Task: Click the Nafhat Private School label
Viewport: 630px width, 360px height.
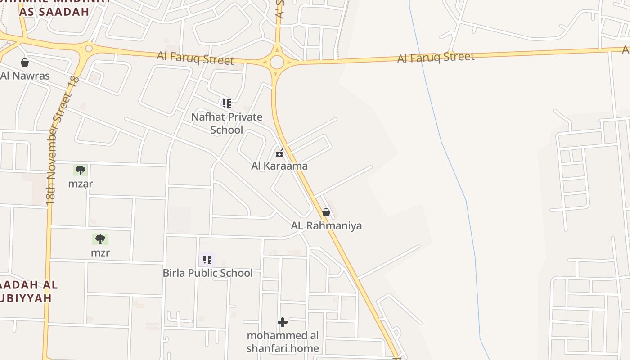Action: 227,123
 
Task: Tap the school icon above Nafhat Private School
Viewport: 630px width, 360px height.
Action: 227,103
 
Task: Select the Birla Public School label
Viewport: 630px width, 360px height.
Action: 207,273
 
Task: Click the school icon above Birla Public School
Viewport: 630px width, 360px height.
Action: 207,260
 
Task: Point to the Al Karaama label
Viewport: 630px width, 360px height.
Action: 279,166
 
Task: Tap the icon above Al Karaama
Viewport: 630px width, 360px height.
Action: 279,153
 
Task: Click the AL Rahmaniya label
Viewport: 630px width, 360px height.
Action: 326,225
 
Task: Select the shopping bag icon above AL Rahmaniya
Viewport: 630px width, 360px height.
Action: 326,212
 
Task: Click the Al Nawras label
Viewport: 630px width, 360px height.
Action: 25,76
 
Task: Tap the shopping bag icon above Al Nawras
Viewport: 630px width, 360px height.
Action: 25,63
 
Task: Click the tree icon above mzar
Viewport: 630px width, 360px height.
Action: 81,171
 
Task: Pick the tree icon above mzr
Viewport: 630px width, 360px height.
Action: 100,239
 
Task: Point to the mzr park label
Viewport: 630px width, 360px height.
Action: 100,252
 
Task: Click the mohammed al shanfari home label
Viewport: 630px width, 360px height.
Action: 283,342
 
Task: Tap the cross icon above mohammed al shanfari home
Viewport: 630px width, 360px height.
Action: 283,322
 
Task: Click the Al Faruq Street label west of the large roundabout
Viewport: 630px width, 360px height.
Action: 195,58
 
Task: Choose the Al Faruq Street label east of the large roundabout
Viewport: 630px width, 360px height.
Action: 436,57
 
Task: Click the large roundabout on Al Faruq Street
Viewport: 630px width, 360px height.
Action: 277,62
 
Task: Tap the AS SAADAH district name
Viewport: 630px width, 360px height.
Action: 54,12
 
